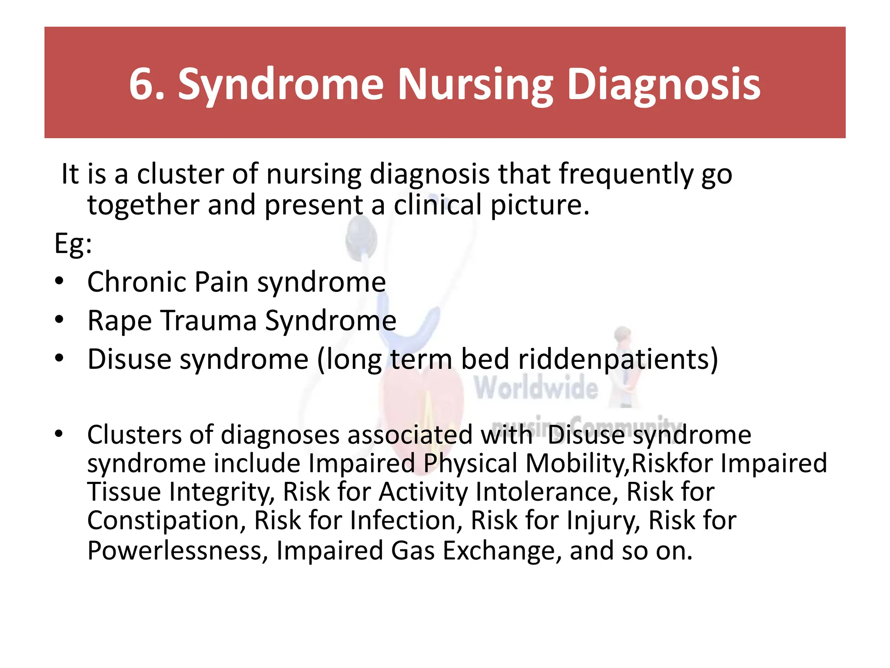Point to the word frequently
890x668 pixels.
tap(626, 174)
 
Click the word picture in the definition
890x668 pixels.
tap(540, 205)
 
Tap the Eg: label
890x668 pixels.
tap(73, 244)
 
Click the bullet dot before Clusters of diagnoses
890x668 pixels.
tap(60, 433)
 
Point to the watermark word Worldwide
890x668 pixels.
tap(536, 388)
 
